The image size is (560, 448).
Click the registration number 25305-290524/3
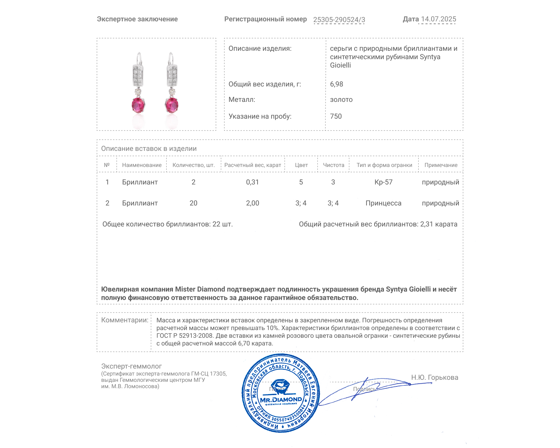[x=339, y=20]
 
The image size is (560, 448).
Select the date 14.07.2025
[x=439, y=19]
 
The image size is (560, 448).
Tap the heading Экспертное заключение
[x=137, y=19]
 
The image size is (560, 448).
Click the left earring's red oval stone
[x=138, y=105]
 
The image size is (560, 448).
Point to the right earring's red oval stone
[x=171, y=105]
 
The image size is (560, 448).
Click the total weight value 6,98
[x=336, y=84]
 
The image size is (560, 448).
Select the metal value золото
[x=341, y=99]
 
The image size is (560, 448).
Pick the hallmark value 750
[x=336, y=116]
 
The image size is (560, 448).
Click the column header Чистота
[x=334, y=165]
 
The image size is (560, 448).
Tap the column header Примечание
[x=441, y=165]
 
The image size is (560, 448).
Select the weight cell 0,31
[x=252, y=182]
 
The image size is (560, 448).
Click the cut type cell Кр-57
[x=384, y=182]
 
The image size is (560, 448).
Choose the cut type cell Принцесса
[x=384, y=203]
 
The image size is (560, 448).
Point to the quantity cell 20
[x=194, y=203]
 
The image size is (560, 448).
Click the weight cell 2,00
[x=252, y=203]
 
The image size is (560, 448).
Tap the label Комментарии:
[x=125, y=320]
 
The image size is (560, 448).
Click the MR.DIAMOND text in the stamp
[x=281, y=399]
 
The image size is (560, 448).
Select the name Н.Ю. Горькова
[x=434, y=377]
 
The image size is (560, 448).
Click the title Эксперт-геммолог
[x=132, y=366]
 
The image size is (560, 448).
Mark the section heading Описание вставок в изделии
[x=149, y=148]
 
